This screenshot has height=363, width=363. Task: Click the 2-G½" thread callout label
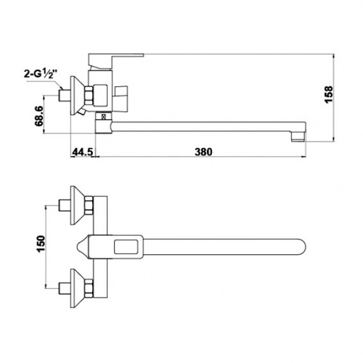41,73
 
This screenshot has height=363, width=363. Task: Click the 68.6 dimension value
39,116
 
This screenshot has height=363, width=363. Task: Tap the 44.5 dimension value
83,152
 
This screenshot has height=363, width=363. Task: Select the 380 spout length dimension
203,152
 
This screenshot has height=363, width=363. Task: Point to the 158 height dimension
328,94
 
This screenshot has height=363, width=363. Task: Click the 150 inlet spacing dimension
41,244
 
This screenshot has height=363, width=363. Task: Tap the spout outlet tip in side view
298,137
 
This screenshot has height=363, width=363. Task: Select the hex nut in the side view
89,96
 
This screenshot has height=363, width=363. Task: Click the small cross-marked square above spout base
104,117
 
